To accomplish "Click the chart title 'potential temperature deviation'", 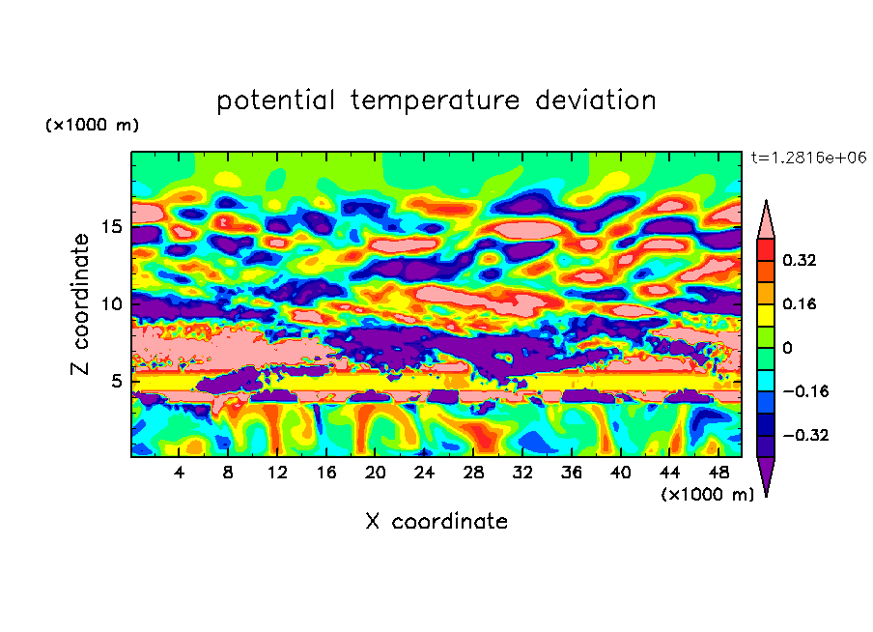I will pos(436,101).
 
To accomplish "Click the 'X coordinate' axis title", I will pos(436,522).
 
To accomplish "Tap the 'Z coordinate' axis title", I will pos(81,304).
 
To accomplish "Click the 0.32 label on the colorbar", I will pos(800,260).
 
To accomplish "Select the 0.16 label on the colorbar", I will pos(800,303).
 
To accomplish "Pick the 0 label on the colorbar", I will pos(786,347).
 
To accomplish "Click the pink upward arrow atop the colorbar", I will pos(765,218).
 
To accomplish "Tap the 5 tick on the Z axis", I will pos(118,381).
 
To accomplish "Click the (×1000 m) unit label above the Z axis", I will pos(93,126).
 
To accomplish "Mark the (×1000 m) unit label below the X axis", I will pos(708,495).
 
